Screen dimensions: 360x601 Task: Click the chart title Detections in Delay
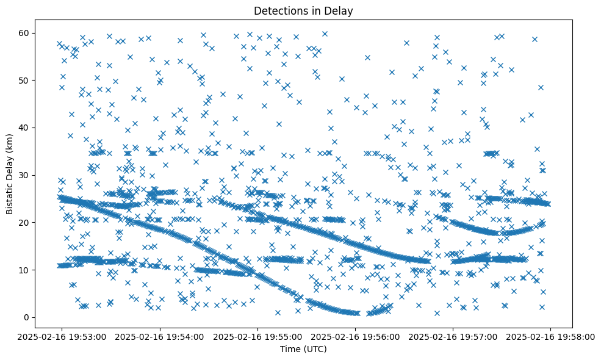coord(303,11)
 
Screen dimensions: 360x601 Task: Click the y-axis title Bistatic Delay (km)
coord(10,175)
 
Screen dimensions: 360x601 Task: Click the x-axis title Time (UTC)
coord(303,349)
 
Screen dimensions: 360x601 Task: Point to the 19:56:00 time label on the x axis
coord(355,336)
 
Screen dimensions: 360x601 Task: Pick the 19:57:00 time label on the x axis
coord(453,336)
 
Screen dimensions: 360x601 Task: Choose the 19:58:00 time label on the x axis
coord(550,336)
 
